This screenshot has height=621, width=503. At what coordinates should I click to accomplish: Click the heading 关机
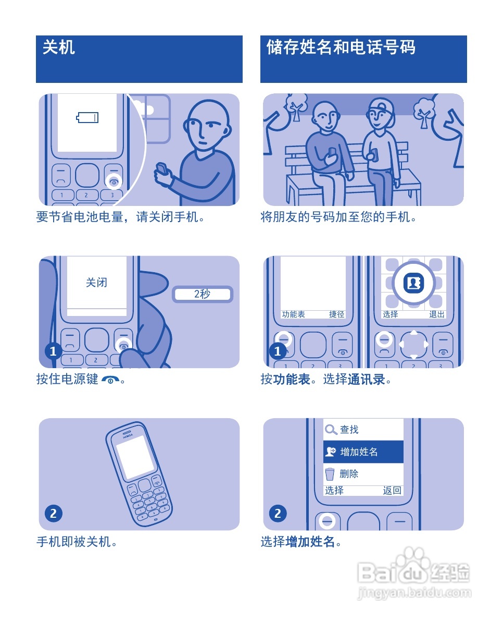pos(58,48)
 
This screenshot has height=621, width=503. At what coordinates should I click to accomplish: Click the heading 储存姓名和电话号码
pos(341,48)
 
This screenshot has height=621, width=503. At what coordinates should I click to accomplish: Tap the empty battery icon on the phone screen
pos(87,117)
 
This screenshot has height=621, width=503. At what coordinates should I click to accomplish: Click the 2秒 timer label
pos(202,294)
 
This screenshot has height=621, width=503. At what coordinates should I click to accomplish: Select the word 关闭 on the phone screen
pos(96,283)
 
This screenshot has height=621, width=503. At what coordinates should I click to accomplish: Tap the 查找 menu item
pos(349,430)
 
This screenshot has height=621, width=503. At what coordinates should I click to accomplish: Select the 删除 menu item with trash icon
pos(349,474)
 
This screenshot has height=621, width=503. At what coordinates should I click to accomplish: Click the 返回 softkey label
pos(392,491)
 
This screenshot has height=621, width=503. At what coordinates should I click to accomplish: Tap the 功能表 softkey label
pos(294,314)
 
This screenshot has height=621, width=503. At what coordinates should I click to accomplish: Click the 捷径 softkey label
pos(336,314)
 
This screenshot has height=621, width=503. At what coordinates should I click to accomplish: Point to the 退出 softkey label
pos(437,314)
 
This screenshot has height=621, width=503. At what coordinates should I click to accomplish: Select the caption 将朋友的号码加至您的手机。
pos(338,217)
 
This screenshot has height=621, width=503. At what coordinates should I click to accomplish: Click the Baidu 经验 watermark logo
pos(414,574)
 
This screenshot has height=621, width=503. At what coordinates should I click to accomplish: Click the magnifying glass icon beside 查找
pos(331,430)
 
